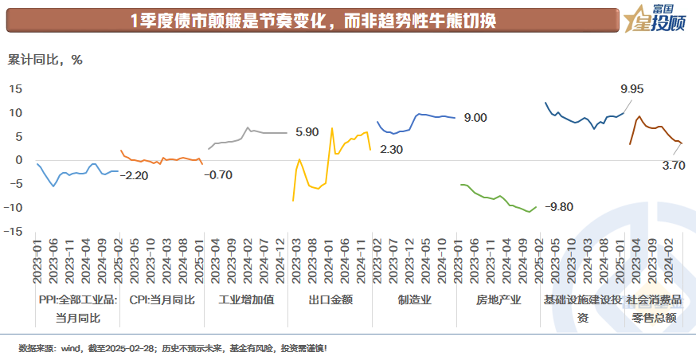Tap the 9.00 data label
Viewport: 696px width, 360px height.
[x=475, y=118]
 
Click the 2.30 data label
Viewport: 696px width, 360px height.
[x=391, y=150]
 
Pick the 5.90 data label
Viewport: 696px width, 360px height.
[x=307, y=132]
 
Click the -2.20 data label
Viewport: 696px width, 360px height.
[x=136, y=174]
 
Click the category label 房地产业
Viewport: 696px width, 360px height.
[x=499, y=300]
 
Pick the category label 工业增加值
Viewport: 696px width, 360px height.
[x=245, y=300]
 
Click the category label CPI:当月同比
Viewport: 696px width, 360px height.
[x=161, y=300]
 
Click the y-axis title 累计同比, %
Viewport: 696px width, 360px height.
[x=45, y=59]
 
